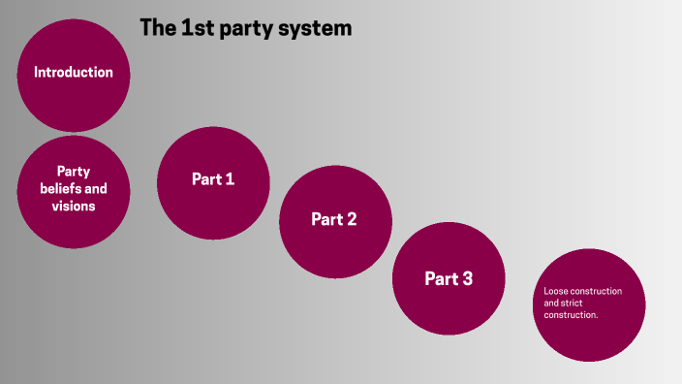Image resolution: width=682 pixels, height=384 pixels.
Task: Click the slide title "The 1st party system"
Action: click(x=245, y=28)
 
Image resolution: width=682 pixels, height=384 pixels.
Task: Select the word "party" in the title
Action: click(x=244, y=29)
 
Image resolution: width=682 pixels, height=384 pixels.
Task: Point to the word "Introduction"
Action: click(x=74, y=73)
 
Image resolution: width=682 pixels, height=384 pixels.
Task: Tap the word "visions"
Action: click(x=74, y=207)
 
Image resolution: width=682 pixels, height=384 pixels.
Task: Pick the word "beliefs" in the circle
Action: click(x=61, y=189)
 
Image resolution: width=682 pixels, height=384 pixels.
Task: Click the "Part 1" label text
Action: click(x=213, y=179)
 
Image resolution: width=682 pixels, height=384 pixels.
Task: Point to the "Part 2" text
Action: click(x=334, y=219)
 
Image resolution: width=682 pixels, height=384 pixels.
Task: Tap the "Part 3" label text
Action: click(x=449, y=279)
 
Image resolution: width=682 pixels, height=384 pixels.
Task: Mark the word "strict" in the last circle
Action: click(x=572, y=304)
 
